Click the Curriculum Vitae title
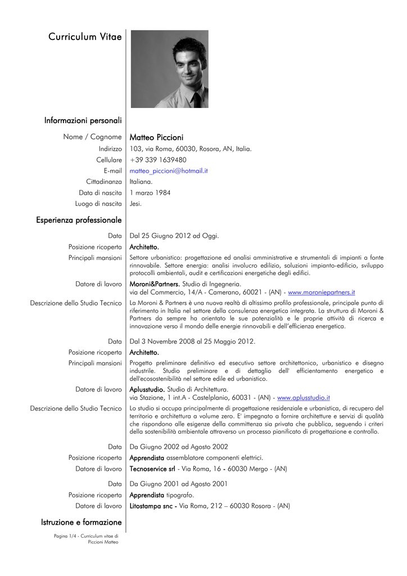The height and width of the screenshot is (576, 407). pyautogui.click(x=85, y=37)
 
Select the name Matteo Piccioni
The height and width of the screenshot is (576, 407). pyautogui.click(x=156, y=137)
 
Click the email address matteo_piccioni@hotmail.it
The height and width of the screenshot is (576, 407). pyautogui.click(x=169, y=170)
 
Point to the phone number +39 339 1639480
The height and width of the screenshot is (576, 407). pyautogui.click(x=158, y=160)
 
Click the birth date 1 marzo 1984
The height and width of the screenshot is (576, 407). pyautogui.click(x=150, y=193)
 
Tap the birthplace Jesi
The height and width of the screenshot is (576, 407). pyautogui.click(x=135, y=204)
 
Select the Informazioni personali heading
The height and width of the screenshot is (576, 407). pyautogui.click(x=83, y=120)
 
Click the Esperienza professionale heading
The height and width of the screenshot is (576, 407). pyautogui.click(x=79, y=220)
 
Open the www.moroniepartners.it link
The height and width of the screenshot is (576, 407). pyautogui.click(x=321, y=292)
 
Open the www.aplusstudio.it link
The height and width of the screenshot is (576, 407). pyautogui.click(x=304, y=397)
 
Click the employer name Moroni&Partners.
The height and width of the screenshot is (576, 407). pyautogui.click(x=154, y=284)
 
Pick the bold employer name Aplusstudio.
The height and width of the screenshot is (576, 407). pyautogui.click(x=147, y=389)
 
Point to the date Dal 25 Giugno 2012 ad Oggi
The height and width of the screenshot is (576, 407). pyautogui.click(x=174, y=236)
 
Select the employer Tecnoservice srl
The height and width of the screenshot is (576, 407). pyautogui.click(x=152, y=469)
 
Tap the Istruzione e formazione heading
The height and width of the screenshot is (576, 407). pyautogui.click(x=82, y=523)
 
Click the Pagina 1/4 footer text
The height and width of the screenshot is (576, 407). pyautogui.click(x=86, y=539)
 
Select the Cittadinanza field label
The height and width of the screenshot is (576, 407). pyautogui.click(x=104, y=182)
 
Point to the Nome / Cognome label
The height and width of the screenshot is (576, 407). pyautogui.click(x=93, y=137)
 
